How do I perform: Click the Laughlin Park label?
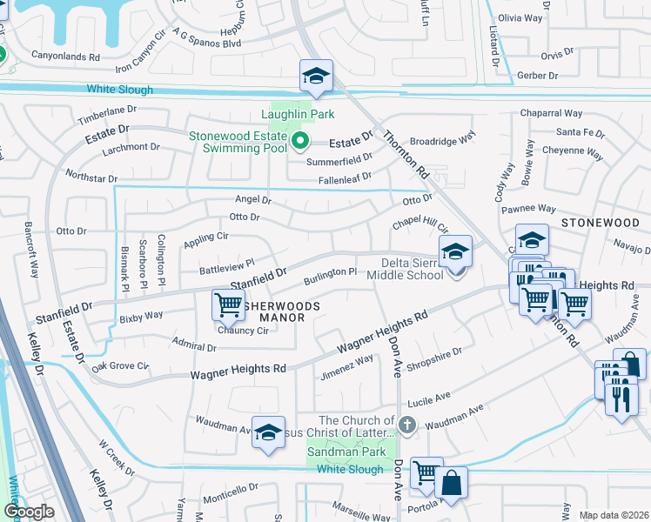click(x=299, y=114)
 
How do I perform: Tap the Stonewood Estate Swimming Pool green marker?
click(x=301, y=140)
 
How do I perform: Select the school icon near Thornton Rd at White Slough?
click(x=316, y=77)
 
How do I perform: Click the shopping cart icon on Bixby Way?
click(x=228, y=304)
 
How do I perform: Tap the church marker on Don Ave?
click(x=407, y=424)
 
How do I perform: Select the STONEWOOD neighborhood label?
click(x=600, y=223)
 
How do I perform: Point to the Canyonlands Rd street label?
click(x=65, y=57)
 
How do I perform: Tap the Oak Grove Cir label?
click(x=121, y=366)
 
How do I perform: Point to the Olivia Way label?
click(x=520, y=17)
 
